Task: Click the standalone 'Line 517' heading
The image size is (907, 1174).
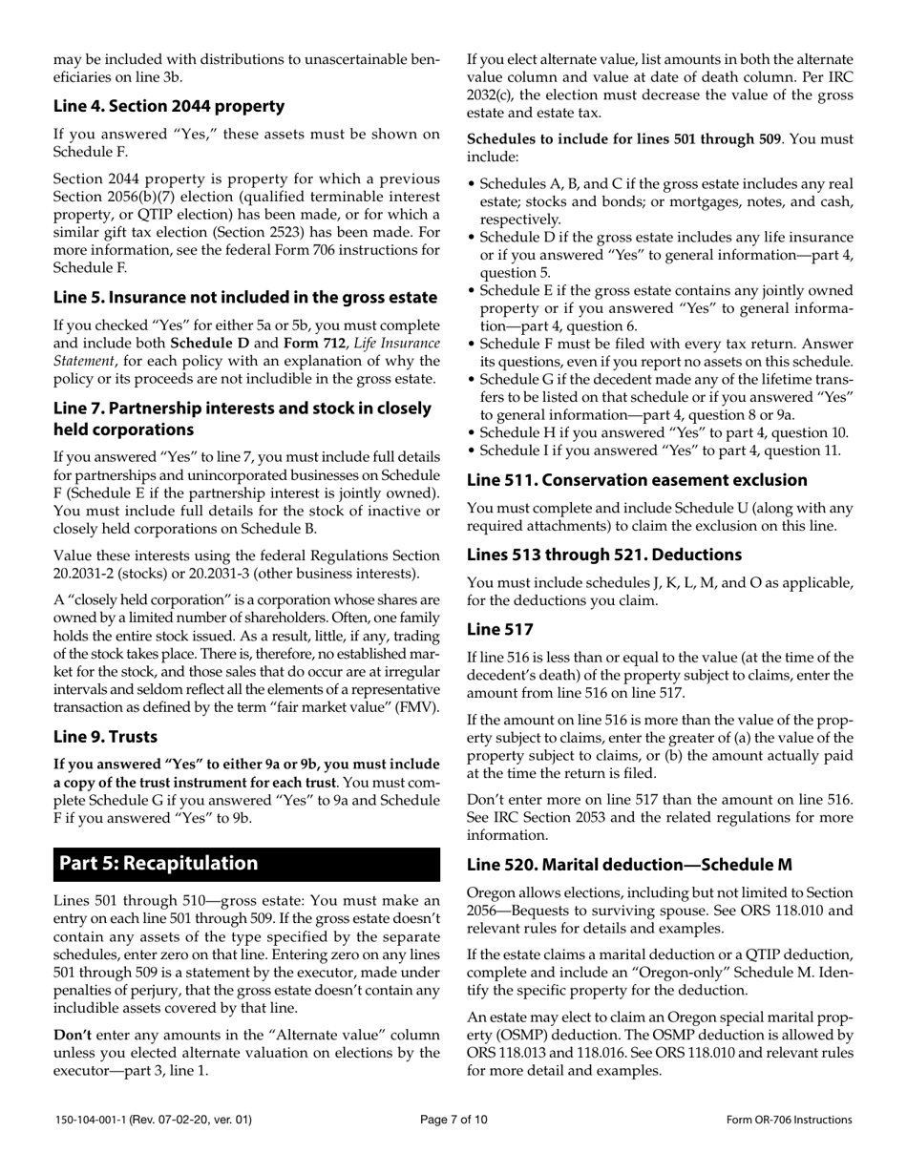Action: pos(499,629)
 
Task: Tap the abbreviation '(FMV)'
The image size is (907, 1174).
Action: pos(417,707)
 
